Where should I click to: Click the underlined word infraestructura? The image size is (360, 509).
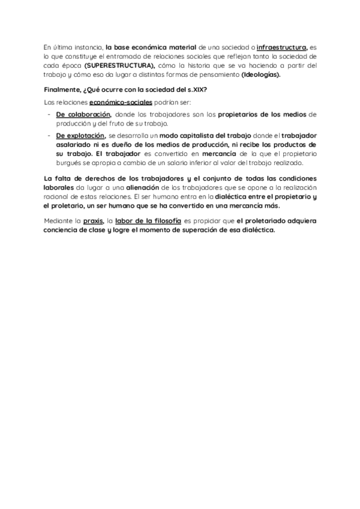(281, 46)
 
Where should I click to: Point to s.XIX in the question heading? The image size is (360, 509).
(193, 90)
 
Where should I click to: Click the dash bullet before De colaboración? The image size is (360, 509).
(49, 113)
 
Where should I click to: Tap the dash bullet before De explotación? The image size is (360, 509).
(49, 136)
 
